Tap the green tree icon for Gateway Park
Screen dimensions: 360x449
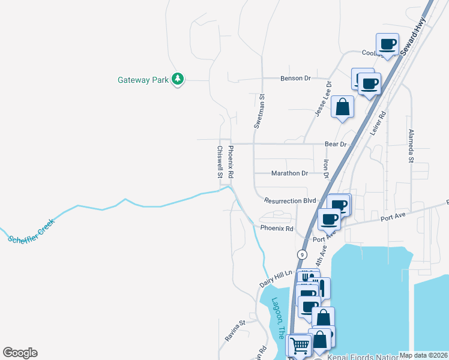(177, 79)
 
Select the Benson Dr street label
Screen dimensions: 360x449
(295, 79)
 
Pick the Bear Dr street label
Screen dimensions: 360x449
(336, 145)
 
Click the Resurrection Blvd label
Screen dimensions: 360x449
(290, 201)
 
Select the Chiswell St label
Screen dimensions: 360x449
(220, 163)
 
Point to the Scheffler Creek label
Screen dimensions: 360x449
(32, 231)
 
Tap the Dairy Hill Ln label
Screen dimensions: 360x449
(276, 278)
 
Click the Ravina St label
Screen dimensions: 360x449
(235, 331)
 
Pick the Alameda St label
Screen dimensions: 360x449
(411, 146)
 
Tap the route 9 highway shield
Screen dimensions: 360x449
(298, 254)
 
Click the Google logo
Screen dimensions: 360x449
(20, 353)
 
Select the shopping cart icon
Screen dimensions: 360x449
(300, 345)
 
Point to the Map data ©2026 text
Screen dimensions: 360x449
(423, 355)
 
